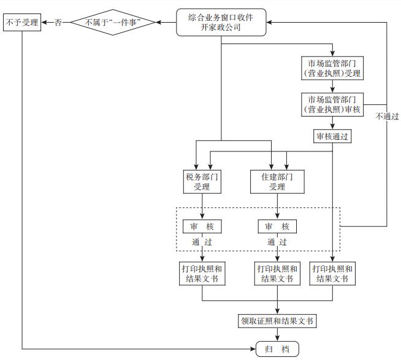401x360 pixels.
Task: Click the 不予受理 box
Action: point(23,23)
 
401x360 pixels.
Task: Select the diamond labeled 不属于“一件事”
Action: point(112,23)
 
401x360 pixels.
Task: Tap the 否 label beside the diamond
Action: point(58,23)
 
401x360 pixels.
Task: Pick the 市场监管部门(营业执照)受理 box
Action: point(332,69)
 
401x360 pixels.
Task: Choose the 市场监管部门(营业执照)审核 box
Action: point(332,104)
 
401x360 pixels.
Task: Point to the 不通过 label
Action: point(388,115)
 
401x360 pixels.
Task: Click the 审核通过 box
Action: point(332,136)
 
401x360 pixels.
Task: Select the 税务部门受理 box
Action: point(202,182)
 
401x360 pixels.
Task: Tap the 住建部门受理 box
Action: point(277,182)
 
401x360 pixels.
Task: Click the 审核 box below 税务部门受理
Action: point(202,226)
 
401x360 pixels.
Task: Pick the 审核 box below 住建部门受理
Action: point(277,226)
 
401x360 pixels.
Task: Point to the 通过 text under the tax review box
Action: point(202,242)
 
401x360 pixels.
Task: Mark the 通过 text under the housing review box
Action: point(277,242)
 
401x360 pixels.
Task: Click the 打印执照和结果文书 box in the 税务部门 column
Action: point(202,274)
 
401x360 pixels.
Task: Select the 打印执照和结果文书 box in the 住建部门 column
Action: point(277,274)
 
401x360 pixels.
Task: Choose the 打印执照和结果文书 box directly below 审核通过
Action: point(332,274)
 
